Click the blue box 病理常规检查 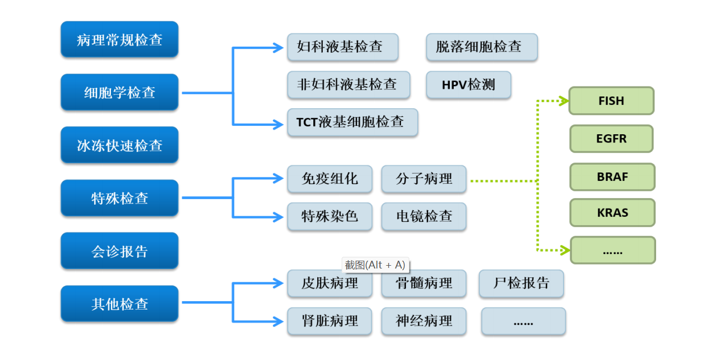pyautogui.click(x=119, y=39)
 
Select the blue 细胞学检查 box pyautogui.click(x=119, y=92)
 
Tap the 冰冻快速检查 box pyautogui.click(x=119, y=145)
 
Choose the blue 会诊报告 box pyautogui.click(x=119, y=251)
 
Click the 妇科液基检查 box pyautogui.click(x=343, y=47)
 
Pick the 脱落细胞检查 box pyautogui.click(x=481, y=47)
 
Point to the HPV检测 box pyautogui.click(x=468, y=85)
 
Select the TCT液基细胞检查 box pyautogui.click(x=352, y=122)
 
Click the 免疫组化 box pyautogui.click(x=329, y=179)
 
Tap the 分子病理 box pyautogui.click(x=424, y=179)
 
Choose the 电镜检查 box pyautogui.click(x=424, y=216)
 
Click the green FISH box pyautogui.click(x=611, y=101)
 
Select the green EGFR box pyautogui.click(x=611, y=139)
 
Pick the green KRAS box pyautogui.click(x=612, y=212)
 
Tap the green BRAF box pyautogui.click(x=612, y=177)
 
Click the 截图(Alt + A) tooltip pyautogui.click(x=375, y=265)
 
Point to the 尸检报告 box pyautogui.click(x=521, y=283)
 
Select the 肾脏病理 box pyautogui.click(x=329, y=321)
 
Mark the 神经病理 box pyautogui.click(x=424, y=321)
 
